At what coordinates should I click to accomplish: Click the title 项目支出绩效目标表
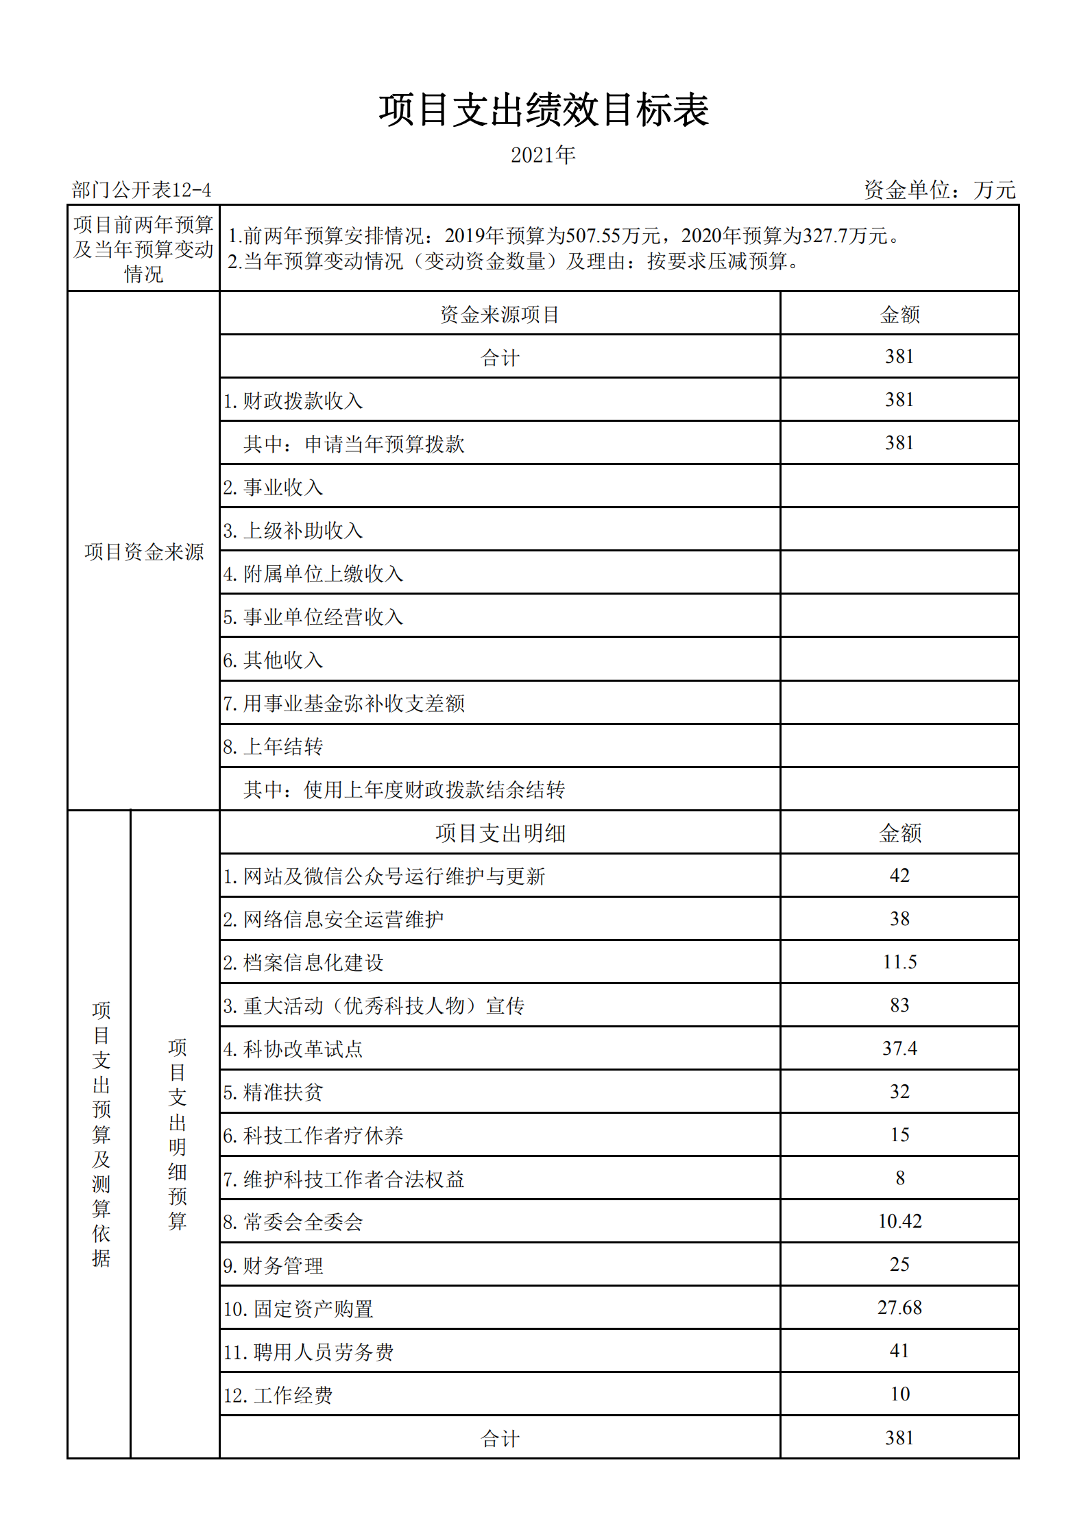[x=544, y=110]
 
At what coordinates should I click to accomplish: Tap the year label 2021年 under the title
[x=543, y=156]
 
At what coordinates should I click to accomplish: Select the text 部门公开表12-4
[x=141, y=190]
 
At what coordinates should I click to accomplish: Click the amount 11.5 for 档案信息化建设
[x=899, y=962]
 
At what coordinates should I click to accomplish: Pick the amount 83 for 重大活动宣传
[x=899, y=1005]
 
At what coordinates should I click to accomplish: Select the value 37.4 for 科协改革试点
[x=899, y=1049]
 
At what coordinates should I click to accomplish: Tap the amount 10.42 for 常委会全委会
[x=899, y=1221]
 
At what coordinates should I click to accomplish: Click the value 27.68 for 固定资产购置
[x=899, y=1308]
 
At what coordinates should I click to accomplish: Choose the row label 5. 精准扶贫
[x=273, y=1093]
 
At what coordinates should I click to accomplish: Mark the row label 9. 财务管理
[x=273, y=1265]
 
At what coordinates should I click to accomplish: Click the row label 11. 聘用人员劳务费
[x=309, y=1352]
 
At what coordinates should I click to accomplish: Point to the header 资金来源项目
[x=500, y=315]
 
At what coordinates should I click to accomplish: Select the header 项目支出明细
[x=500, y=833]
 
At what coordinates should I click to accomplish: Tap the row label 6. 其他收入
[x=273, y=660]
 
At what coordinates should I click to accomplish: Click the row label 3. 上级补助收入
[x=293, y=531]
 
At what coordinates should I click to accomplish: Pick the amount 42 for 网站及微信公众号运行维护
[x=899, y=876]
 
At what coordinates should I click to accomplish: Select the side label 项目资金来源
[x=144, y=552]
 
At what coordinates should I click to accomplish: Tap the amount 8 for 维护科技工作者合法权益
[x=899, y=1178]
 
